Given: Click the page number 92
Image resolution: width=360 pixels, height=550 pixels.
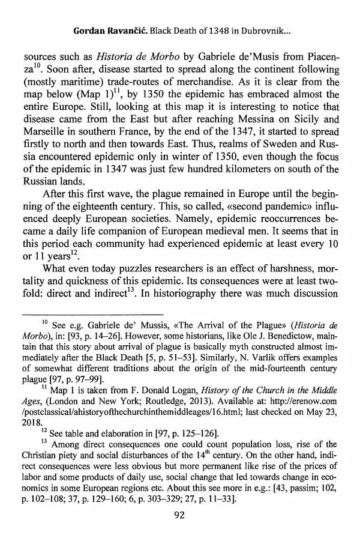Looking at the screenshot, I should point(180,531).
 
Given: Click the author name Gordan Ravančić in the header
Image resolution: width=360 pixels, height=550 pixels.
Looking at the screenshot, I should point(106,30).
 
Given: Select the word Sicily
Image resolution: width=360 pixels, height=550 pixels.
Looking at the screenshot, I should point(309,135).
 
